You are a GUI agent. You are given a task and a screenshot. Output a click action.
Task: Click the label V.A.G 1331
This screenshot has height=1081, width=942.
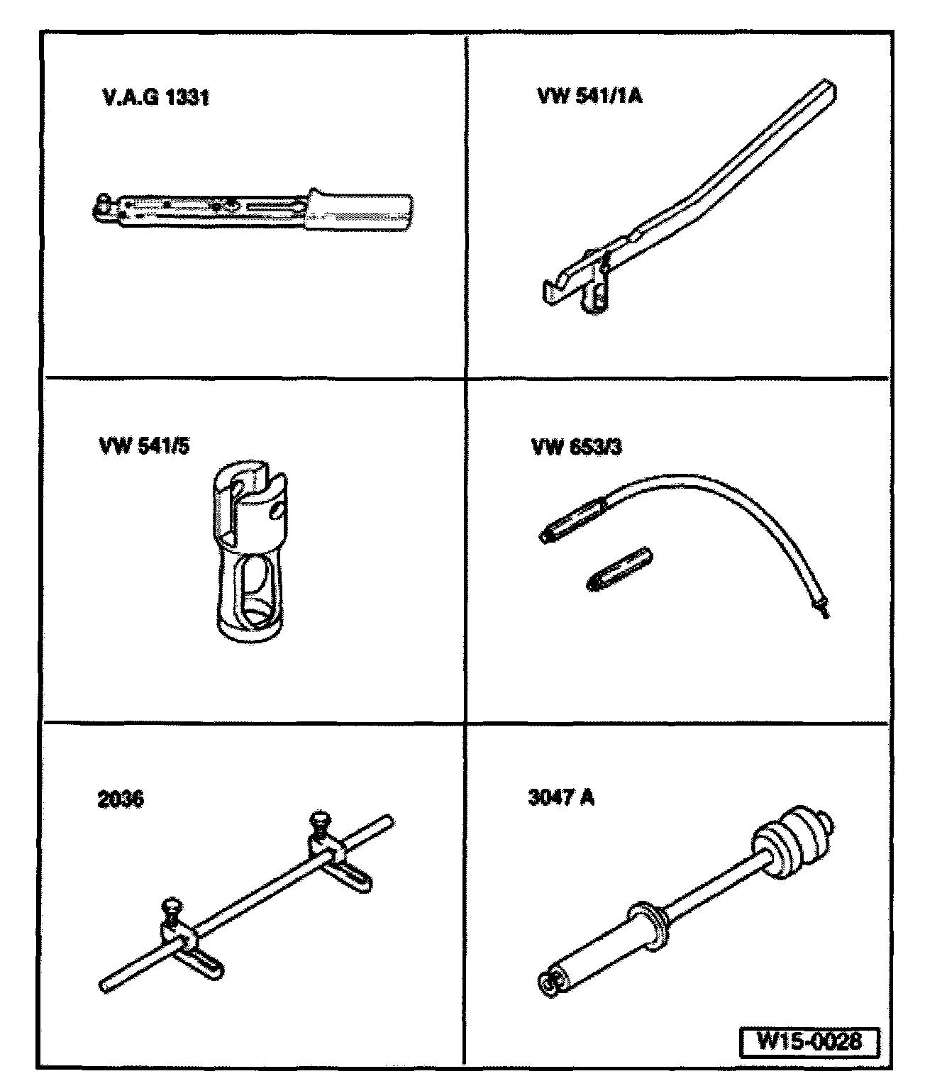[156, 96]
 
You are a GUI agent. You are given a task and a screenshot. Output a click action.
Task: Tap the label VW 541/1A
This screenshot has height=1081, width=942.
[589, 96]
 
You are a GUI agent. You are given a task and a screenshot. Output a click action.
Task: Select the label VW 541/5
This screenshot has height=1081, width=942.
[145, 446]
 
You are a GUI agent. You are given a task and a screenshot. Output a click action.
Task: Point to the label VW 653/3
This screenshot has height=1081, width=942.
[577, 447]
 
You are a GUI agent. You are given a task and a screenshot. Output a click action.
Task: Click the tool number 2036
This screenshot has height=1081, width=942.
[121, 799]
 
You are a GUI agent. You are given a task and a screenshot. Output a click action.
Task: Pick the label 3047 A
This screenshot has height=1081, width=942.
[561, 797]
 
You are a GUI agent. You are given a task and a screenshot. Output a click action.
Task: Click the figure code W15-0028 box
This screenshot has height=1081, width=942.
[809, 1042]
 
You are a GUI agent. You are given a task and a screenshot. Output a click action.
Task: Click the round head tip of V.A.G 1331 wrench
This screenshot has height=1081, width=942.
[104, 204]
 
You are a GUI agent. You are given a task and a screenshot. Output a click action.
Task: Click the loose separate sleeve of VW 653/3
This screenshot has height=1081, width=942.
[619, 569]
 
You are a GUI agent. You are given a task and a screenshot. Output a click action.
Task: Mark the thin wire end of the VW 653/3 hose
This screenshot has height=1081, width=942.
[822, 609]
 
